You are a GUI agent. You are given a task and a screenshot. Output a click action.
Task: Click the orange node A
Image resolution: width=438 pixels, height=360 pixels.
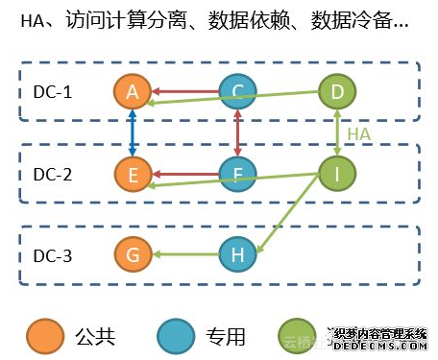[x=133, y=93]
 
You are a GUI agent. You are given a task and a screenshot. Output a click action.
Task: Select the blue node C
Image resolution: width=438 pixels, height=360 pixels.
[x=236, y=93]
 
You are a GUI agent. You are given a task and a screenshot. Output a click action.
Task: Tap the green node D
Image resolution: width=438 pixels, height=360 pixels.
[x=337, y=93]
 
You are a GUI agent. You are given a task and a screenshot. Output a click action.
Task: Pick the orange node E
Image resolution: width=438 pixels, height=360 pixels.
[x=133, y=175]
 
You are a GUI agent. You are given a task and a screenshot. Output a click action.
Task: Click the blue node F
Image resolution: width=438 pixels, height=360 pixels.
[x=236, y=175]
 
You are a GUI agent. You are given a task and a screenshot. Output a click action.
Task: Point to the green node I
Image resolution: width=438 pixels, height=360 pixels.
[x=337, y=175]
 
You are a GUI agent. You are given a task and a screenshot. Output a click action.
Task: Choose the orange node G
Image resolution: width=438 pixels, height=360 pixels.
[x=133, y=255]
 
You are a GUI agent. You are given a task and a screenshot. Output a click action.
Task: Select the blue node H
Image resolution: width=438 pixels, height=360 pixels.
[x=236, y=255]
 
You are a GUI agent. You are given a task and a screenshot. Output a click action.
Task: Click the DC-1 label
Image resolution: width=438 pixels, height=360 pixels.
[x=53, y=93]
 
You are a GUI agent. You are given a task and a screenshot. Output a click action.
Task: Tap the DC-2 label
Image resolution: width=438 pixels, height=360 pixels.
[x=53, y=175]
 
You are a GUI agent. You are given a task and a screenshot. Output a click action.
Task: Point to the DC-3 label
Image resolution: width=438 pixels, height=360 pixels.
[x=53, y=255]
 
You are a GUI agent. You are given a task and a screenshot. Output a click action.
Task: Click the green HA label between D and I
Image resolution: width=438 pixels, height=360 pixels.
[x=358, y=134]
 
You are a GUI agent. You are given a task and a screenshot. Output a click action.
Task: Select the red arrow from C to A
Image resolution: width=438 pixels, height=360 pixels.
[x=184, y=93]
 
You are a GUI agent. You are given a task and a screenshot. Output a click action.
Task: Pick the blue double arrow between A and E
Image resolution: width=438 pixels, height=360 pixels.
[x=133, y=134]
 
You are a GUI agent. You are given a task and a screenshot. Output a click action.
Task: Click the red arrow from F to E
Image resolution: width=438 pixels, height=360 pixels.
[x=184, y=175]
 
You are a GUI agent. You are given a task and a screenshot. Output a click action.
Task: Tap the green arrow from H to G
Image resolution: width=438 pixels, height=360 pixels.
[x=184, y=255]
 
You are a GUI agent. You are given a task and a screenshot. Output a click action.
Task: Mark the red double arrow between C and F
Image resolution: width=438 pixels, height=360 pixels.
[x=236, y=134]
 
